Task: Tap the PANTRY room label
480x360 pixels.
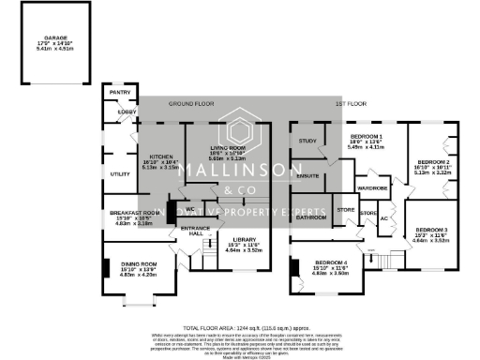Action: (x=119, y=93)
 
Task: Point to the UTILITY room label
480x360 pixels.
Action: (x=119, y=174)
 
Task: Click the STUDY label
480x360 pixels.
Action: (x=307, y=141)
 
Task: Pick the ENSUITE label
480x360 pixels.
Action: (x=308, y=175)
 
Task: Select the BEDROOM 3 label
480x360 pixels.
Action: (x=432, y=230)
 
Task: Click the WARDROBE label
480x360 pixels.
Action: (x=373, y=187)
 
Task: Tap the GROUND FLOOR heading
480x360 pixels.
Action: (x=190, y=104)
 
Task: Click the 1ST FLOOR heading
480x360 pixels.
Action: (x=349, y=104)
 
